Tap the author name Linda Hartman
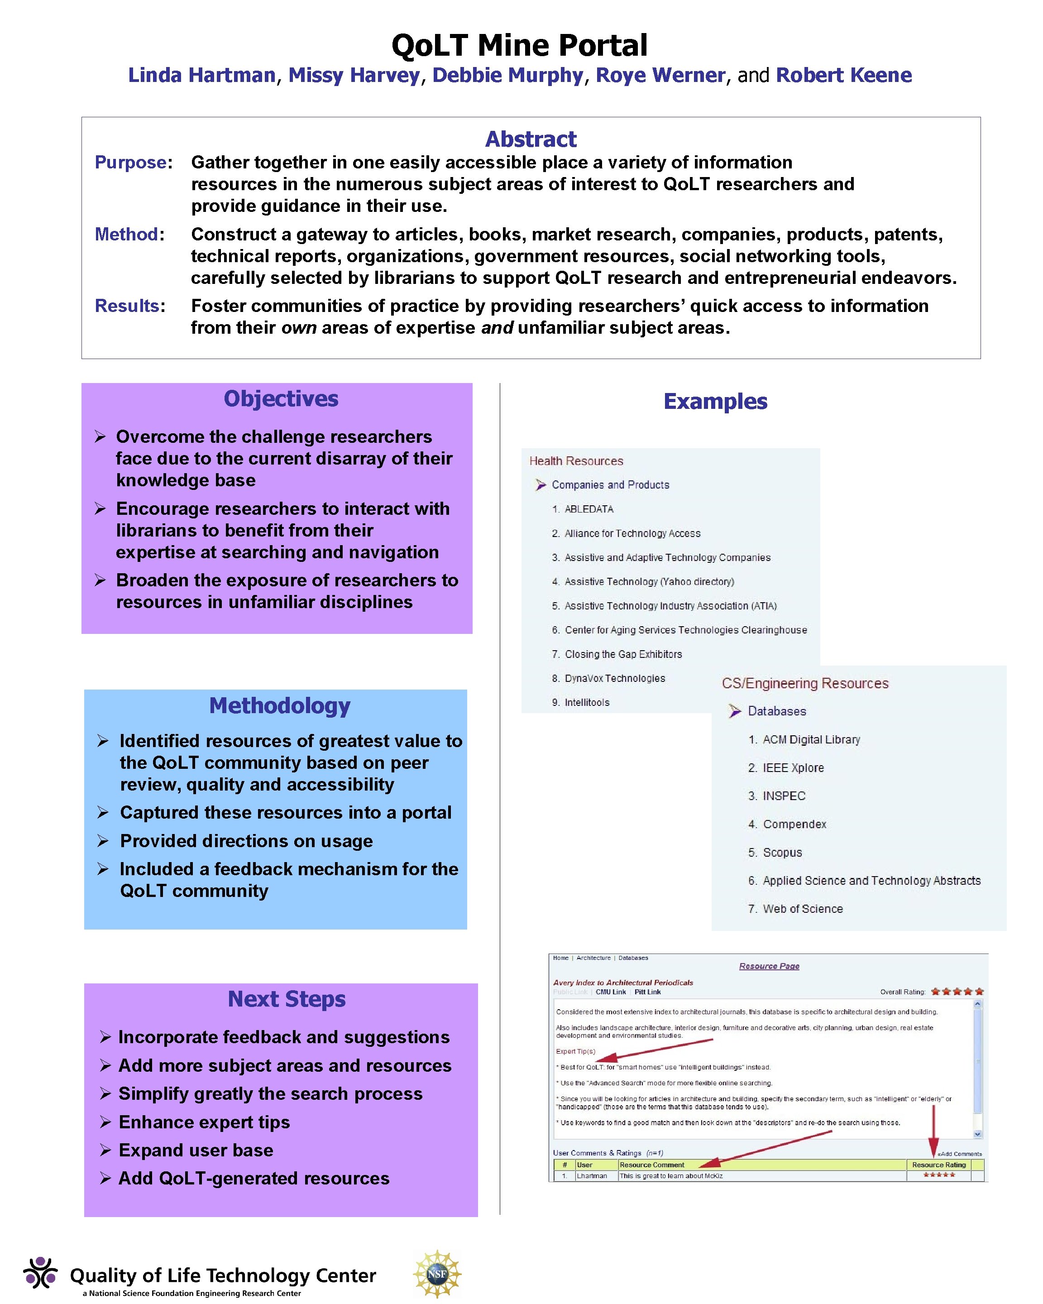[x=202, y=75]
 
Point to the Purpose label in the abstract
[x=131, y=162]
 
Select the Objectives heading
[x=281, y=398]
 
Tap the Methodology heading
[x=279, y=705]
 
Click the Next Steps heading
[x=287, y=998]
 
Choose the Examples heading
[x=715, y=401]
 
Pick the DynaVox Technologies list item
[x=614, y=678]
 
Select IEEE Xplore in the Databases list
[x=793, y=767]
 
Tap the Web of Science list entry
[x=802, y=908]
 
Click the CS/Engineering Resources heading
[x=805, y=683]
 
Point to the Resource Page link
[x=769, y=966]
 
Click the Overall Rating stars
[x=957, y=991]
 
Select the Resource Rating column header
[x=938, y=1164]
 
